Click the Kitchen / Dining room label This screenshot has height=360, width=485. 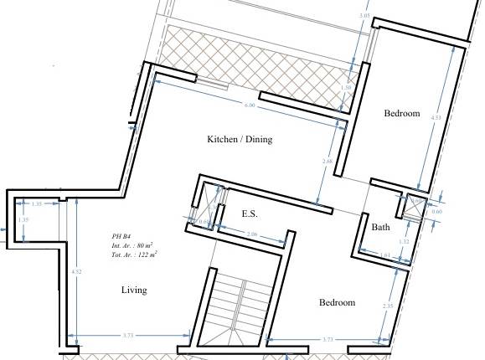[240, 139]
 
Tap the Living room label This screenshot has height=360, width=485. [133, 291]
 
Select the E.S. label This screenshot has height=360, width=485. [250, 214]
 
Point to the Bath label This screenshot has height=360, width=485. [381, 227]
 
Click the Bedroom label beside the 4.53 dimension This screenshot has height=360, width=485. [401, 113]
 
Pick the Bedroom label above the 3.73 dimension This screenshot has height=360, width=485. [337, 302]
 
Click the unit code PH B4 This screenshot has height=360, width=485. [121, 237]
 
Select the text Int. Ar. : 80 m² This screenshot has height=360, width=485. [132, 245]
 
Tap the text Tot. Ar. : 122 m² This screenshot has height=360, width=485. [135, 254]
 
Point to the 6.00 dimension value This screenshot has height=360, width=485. [250, 105]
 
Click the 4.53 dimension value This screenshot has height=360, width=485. [436, 118]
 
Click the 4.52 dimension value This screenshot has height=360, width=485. [76, 271]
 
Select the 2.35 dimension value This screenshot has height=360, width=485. [388, 306]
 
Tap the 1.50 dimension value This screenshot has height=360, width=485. [347, 87]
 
